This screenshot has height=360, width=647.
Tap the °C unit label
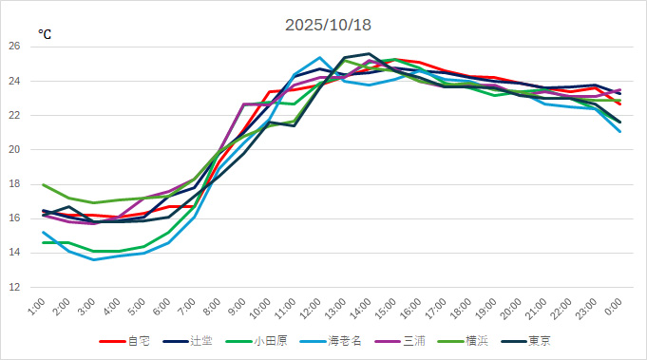coord(45,34)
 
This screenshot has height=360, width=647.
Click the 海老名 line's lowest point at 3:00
coord(93,259)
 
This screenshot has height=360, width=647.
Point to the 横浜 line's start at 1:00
coord(44,184)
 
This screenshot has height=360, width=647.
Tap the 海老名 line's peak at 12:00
coord(318,58)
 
